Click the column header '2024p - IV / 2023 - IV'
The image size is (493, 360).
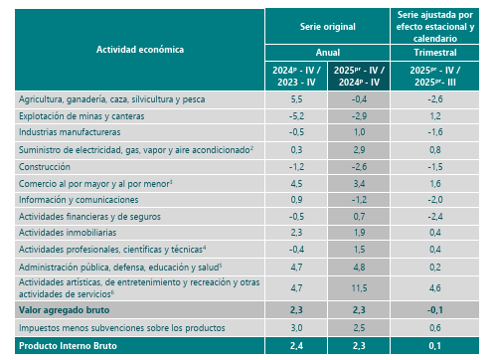[x=295, y=76]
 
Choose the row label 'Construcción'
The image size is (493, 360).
[x=46, y=165]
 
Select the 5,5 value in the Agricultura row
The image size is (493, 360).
[x=295, y=99]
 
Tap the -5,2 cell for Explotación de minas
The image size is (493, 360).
[x=294, y=116]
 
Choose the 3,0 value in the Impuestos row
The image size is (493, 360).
[x=295, y=327]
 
